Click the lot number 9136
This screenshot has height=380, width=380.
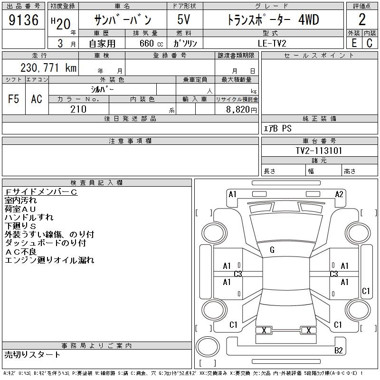point(23,20)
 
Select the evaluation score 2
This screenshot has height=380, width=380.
point(362,20)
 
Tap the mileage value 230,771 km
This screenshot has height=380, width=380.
point(48,68)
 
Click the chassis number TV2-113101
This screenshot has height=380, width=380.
point(319,151)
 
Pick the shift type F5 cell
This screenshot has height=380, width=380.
point(13,99)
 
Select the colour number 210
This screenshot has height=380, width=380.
point(78,109)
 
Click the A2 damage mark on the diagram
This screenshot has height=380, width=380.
point(339,194)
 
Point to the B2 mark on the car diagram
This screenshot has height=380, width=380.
point(339,351)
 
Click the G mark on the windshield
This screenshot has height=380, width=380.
point(272,250)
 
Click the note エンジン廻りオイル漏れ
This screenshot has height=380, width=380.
point(49,260)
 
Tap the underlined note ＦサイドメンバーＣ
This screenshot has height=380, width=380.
point(41,192)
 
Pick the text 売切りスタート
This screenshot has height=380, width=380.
point(32,354)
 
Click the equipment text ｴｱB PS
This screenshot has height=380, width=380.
point(277,129)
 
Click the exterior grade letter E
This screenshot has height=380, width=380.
point(354,43)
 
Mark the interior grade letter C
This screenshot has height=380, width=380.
point(370,43)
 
